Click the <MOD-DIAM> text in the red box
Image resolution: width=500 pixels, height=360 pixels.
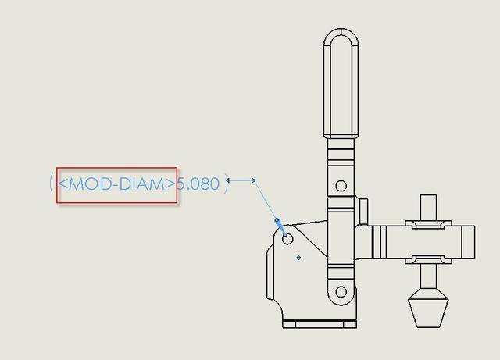(116, 184)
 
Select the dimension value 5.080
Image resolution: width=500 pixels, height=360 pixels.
(198, 184)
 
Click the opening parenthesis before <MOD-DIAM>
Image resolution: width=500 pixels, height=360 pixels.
(52, 184)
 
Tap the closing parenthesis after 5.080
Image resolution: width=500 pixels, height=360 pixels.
(226, 184)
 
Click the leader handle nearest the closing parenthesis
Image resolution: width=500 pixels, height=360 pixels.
(227, 180)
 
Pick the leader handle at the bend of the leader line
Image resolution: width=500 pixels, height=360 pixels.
(253, 180)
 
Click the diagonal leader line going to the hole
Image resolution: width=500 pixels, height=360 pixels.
(265, 200)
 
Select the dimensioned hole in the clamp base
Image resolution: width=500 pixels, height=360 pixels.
(287, 239)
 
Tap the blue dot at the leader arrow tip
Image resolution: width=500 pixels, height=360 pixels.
(277, 220)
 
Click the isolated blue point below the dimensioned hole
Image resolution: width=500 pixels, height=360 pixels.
(298, 258)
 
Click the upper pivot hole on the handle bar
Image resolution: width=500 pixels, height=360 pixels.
(341, 186)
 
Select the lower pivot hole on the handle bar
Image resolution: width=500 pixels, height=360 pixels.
(341, 291)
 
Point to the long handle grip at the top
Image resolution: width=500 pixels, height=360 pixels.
(341, 84)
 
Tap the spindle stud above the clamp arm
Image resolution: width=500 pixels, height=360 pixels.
(428, 207)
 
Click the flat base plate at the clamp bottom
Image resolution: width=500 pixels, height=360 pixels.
(320, 324)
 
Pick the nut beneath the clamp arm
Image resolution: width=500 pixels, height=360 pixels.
(428, 259)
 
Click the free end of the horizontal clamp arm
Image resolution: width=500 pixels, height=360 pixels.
(474, 242)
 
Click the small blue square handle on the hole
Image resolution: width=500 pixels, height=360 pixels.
(285, 235)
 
